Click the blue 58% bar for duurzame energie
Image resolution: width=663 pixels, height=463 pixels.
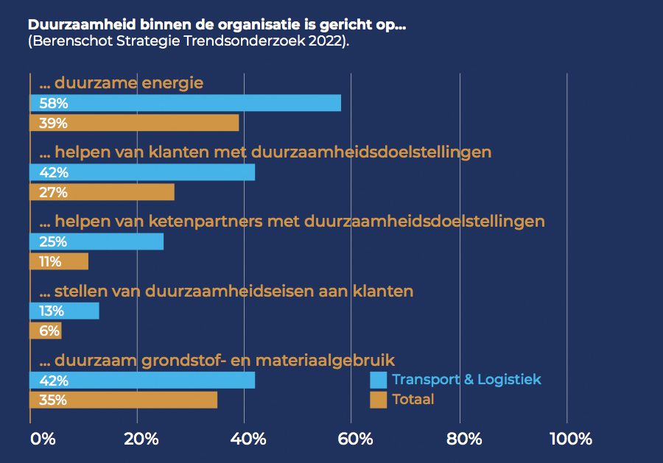[185, 103]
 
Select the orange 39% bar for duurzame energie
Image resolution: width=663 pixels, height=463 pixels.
[134, 123]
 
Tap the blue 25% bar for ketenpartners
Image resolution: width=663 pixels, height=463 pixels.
[97, 241]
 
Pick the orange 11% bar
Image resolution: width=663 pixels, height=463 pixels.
[59, 261]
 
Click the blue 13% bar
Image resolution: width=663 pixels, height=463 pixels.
[64, 311]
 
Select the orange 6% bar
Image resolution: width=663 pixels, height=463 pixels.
[46, 331]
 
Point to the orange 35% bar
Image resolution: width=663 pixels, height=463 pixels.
[123, 400]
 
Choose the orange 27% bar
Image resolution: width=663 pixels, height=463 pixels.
[102, 192]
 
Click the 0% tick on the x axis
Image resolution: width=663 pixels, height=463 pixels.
[43, 439]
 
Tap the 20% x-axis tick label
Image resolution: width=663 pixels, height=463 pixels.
[141, 439]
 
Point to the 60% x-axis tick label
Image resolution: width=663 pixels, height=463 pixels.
[356, 439]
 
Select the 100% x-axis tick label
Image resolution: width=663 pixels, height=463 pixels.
[570, 439]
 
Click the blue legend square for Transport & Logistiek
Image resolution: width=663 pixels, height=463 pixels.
[378, 380]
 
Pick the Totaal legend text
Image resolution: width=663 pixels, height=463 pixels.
[413, 400]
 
